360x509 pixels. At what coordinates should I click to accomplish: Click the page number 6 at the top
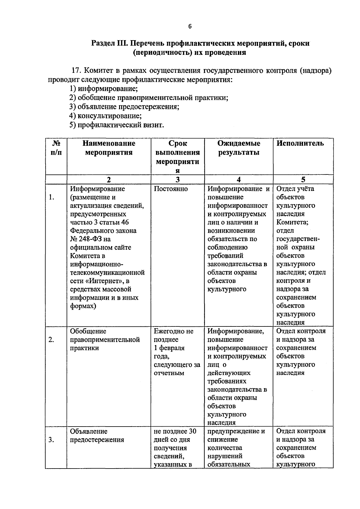coord(190,26)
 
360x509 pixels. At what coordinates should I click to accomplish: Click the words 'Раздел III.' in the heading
coord(110,43)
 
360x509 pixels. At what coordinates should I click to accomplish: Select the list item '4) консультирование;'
coord(106,116)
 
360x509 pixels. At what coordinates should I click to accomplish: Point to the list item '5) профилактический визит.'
coord(117,125)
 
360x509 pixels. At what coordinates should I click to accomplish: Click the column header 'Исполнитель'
coord(300,143)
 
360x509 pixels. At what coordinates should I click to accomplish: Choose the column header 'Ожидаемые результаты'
coord(239,148)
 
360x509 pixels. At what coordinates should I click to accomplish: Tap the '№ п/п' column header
coord(56,148)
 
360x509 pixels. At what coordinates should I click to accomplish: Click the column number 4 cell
coord(238,180)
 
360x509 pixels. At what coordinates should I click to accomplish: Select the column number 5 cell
coord(303,180)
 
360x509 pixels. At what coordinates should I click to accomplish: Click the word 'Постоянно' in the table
coord(171,189)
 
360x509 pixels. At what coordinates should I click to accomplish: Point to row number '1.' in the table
coord(52,197)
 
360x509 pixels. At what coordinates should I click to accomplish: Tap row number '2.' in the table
coord(52,340)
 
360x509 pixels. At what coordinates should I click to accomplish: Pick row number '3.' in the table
coord(52,440)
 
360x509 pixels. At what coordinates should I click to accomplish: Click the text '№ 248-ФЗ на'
coord(90,239)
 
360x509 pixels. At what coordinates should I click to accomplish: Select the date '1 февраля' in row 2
coord(169,348)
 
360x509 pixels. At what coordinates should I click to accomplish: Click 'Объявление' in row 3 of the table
coord(88,431)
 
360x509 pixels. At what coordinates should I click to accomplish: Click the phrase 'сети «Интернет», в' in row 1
coord(100,281)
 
